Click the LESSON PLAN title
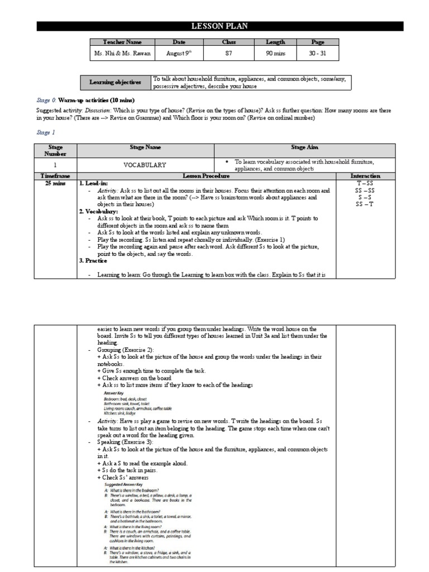point(220,26)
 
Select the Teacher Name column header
point(122,42)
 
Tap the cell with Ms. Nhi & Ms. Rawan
point(122,54)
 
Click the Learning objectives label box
point(116,82)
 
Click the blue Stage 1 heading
point(46,133)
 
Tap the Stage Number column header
point(55,150)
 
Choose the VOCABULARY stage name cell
point(145,165)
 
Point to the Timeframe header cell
point(55,175)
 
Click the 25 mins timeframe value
point(55,183)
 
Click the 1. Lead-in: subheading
point(94,183)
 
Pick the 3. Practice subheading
point(93,260)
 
